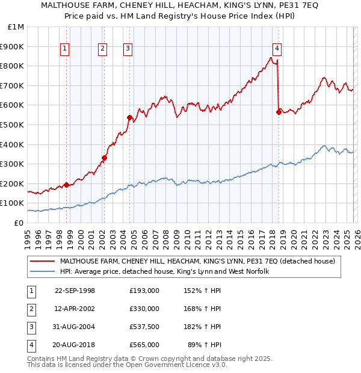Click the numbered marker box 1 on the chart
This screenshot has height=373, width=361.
click(64, 49)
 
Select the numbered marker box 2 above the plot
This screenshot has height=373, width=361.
click(103, 49)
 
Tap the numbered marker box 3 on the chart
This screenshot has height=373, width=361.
click(128, 49)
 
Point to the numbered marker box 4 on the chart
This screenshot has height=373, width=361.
click(277, 49)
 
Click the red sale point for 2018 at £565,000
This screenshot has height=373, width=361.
click(279, 112)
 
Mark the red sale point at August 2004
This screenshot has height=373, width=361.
click(129, 117)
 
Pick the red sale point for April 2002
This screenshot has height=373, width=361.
click(104, 158)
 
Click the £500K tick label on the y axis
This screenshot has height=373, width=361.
click(13, 125)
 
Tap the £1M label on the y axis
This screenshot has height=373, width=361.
click(16, 27)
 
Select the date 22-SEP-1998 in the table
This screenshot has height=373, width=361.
click(75, 291)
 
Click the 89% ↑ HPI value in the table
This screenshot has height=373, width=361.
click(205, 345)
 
